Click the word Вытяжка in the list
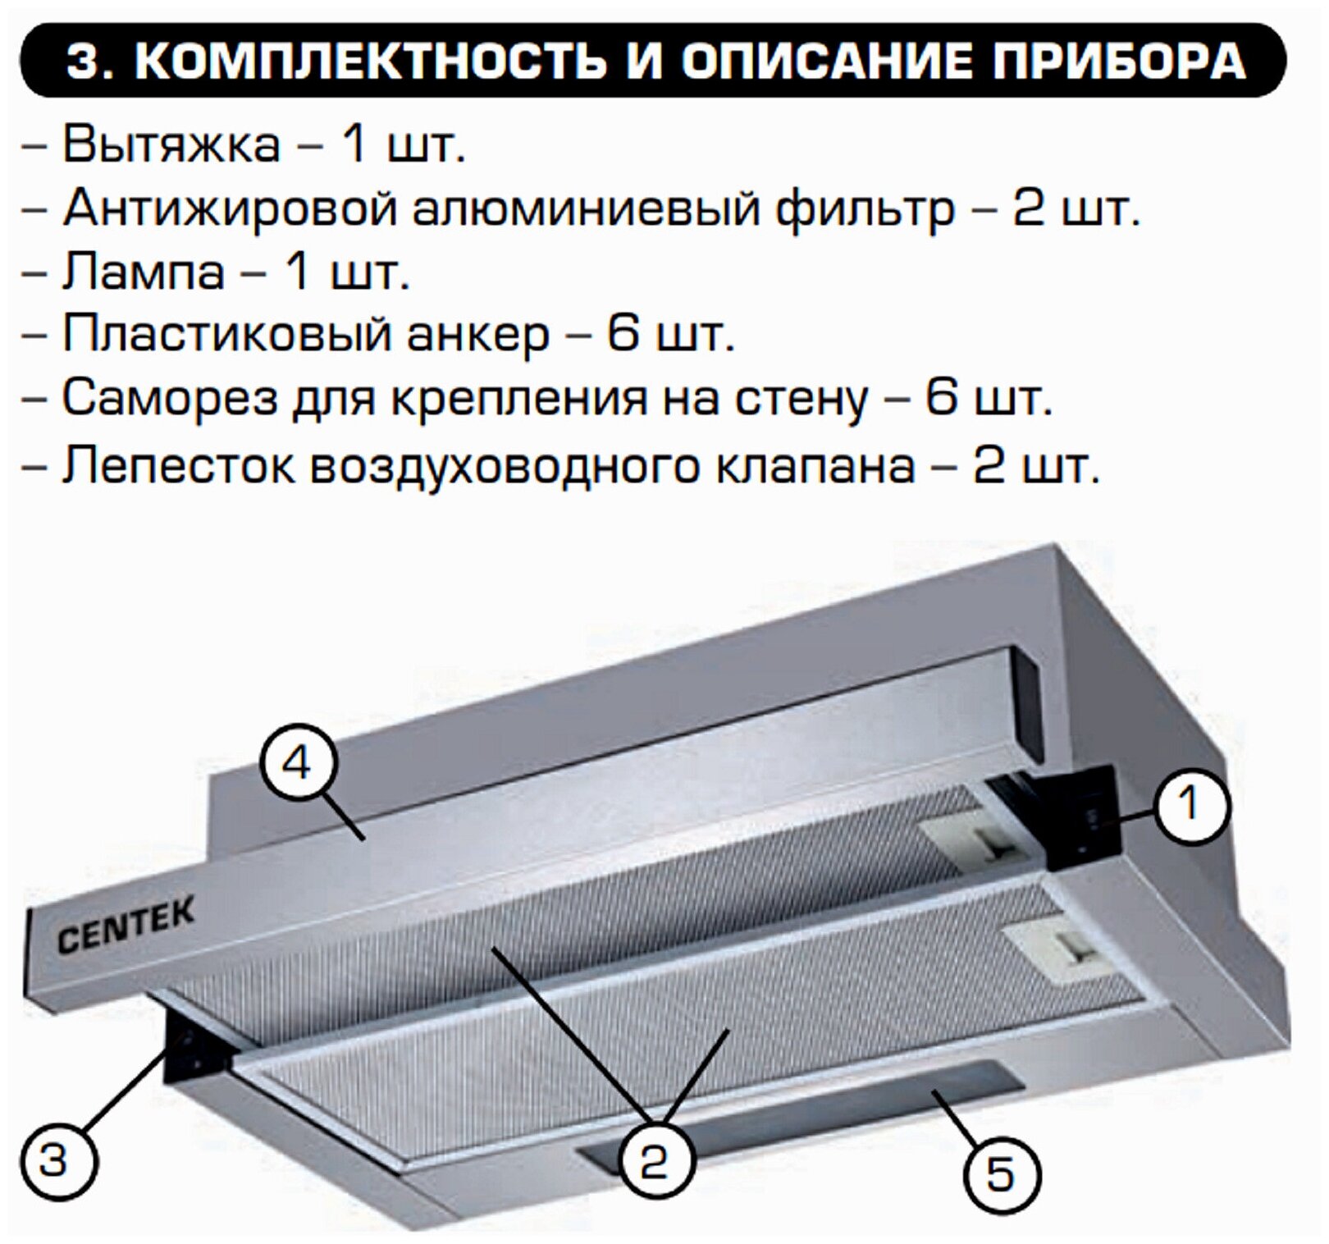[x=171, y=145]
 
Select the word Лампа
[x=144, y=272]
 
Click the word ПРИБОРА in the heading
[x=1120, y=60]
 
